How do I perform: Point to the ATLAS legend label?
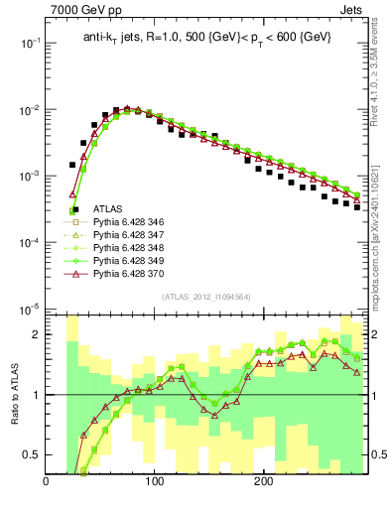(108, 209)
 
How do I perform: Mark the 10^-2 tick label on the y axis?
(27, 110)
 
